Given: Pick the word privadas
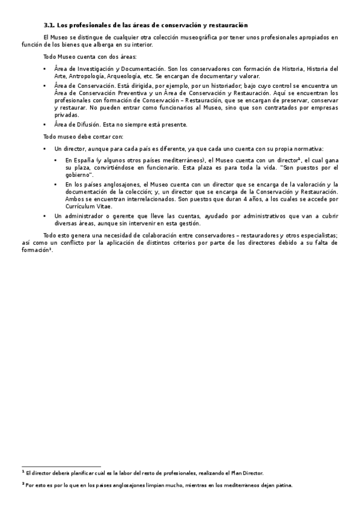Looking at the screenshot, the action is point(66,114).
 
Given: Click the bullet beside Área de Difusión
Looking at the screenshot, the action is point(45,125).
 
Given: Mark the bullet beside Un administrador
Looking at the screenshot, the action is point(45,216).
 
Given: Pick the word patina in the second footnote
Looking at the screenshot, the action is point(282,484).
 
